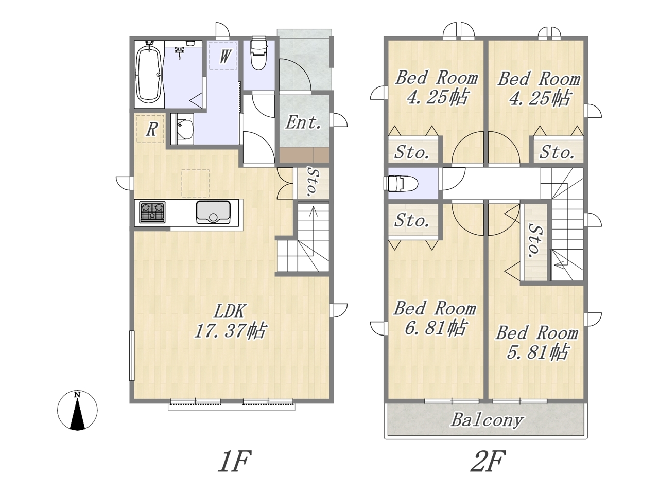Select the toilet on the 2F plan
pos(401,183)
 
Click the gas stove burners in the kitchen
pos(152,213)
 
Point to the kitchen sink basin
pos(213,212)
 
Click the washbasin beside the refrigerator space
pos(182,129)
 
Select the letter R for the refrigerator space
pos(152,130)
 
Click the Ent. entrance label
pos(303,122)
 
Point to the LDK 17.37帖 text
pos(230,321)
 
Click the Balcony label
pos(487,421)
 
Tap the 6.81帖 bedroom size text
pos(436,328)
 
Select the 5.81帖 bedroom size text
pos(537,352)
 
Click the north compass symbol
pos(77,410)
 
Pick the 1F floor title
pos(234,461)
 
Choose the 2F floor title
pos(488,461)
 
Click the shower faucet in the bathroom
pos(180,52)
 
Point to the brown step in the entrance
pos(304,155)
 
